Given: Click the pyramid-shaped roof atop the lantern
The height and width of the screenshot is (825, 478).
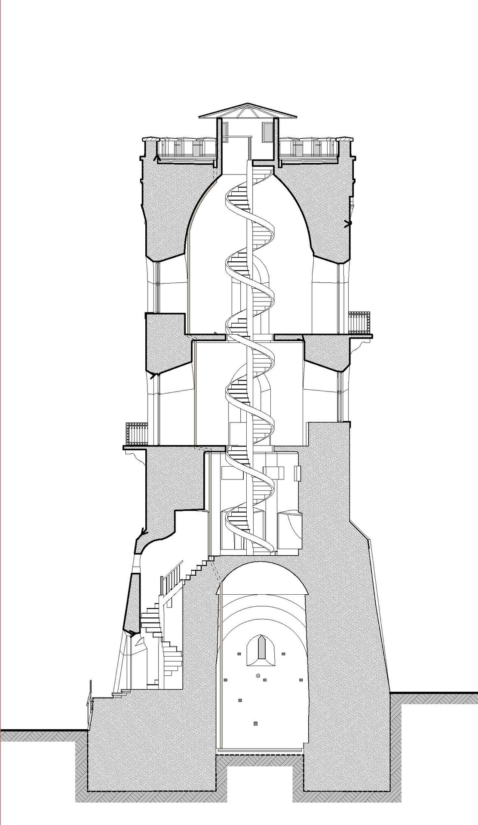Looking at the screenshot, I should tap(248, 110).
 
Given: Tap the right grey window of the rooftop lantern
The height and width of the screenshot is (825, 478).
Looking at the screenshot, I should tap(268, 130).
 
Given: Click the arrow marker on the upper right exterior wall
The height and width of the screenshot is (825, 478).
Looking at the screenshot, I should tap(347, 223).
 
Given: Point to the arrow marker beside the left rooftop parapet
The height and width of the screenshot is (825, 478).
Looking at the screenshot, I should tap(157, 159).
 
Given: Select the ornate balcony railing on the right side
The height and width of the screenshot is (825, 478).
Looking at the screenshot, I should tap(358, 322).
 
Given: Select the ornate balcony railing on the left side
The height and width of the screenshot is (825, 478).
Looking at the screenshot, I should tap(136, 434).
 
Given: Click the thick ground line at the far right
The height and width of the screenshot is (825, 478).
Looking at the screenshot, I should tap(434, 704).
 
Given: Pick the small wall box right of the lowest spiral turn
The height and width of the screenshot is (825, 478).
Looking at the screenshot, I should tap(297, 473).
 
